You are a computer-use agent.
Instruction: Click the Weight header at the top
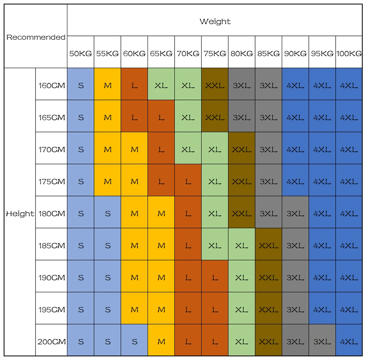pos(215,22)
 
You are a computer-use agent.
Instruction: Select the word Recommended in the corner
pos(36,37)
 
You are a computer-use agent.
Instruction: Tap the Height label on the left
pos(20,214)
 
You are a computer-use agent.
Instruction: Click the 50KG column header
pos(81,53)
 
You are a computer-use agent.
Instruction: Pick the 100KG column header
pos(349,53)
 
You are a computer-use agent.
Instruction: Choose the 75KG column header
pos(215,53)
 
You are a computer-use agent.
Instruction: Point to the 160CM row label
pos(52,86)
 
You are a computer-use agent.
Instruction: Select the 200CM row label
pos(52,342)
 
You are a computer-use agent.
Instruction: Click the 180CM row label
pos(52,214)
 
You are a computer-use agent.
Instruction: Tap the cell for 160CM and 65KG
pos(161,86)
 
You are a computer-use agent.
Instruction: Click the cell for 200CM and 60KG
pos(134,342)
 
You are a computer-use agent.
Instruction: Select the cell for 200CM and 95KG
pos(322,342)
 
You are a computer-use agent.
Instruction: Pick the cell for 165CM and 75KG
pos(215,117)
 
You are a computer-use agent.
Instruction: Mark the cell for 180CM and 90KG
pos(295,214)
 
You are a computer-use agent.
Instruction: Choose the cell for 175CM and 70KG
pos(188,181)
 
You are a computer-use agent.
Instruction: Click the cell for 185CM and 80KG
pos(242,245)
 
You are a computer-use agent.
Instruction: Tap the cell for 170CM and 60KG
pos(134,150)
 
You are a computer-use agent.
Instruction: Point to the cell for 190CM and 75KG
pos(215,278)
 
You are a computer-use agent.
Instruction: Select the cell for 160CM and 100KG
pos(349,86)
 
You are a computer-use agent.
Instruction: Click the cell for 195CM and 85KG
pos(269,310)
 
